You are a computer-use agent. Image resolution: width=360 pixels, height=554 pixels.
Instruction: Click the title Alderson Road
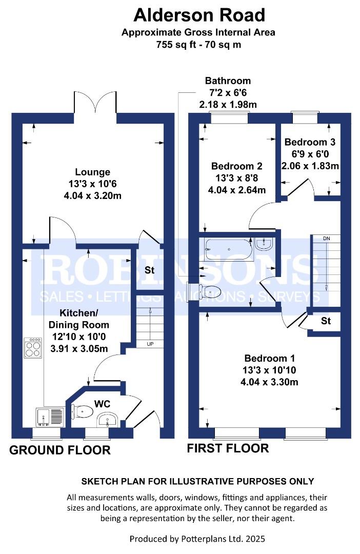[x=199, y=15]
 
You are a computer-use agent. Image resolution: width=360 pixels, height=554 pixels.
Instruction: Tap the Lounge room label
[x=92, y=172]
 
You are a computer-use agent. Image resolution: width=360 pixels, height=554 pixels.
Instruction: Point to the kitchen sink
[x=49, y=417]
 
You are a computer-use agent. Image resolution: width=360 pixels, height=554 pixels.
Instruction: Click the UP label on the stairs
[x=150, y=344]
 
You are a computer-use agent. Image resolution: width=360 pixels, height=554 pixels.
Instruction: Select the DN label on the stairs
[x=327, y=239]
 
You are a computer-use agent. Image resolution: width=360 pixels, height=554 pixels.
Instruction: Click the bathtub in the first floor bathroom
[x=228, y=250]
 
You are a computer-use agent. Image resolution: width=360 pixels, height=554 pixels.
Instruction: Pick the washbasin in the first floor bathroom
[x=264, y=245]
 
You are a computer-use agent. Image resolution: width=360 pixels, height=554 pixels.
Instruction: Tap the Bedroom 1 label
[x=269, y=358]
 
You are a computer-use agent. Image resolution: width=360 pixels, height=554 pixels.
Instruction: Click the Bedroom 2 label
[x=237, y=166]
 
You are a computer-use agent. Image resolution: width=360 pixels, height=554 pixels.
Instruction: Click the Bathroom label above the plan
[x=228, y=81]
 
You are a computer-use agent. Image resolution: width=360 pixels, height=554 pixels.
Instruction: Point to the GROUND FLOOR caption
[x=60, y=450]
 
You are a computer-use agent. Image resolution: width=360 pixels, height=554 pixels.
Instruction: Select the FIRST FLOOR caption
[x=228, y=448]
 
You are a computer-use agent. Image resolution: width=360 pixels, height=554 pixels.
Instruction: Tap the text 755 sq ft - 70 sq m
[x=199, y=44]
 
